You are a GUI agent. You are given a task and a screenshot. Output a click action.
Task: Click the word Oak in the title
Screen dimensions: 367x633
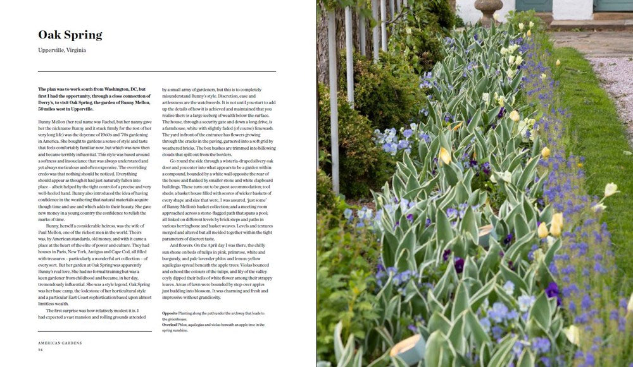click(x=50, y=35)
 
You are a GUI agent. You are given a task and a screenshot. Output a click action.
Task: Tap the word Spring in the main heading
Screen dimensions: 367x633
click(x=82, y=35)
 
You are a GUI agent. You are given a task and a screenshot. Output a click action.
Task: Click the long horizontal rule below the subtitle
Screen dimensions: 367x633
click(x=156, y=71)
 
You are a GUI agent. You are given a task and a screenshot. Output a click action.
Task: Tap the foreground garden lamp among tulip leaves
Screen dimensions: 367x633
click(x=406, y=348)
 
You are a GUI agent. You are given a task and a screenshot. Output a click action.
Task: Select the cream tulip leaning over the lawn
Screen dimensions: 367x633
click(x=610, y=189)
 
